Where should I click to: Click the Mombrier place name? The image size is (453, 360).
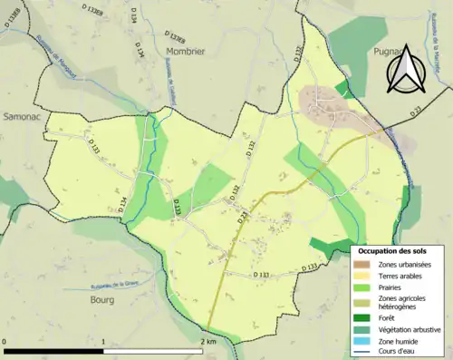186,52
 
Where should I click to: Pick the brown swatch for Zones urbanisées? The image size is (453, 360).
365,264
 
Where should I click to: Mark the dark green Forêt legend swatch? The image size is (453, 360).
365,318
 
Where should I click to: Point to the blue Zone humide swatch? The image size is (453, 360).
365,340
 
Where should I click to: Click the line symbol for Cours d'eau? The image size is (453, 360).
365,351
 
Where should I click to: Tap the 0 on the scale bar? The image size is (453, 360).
5,342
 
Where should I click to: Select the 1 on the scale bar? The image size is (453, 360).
104,342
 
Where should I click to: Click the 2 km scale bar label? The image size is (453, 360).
208,342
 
